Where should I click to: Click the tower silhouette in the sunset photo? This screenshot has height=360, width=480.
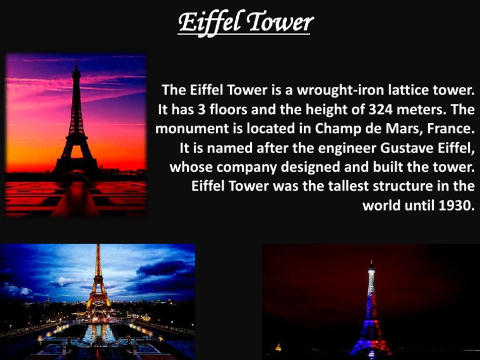[76, 125]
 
